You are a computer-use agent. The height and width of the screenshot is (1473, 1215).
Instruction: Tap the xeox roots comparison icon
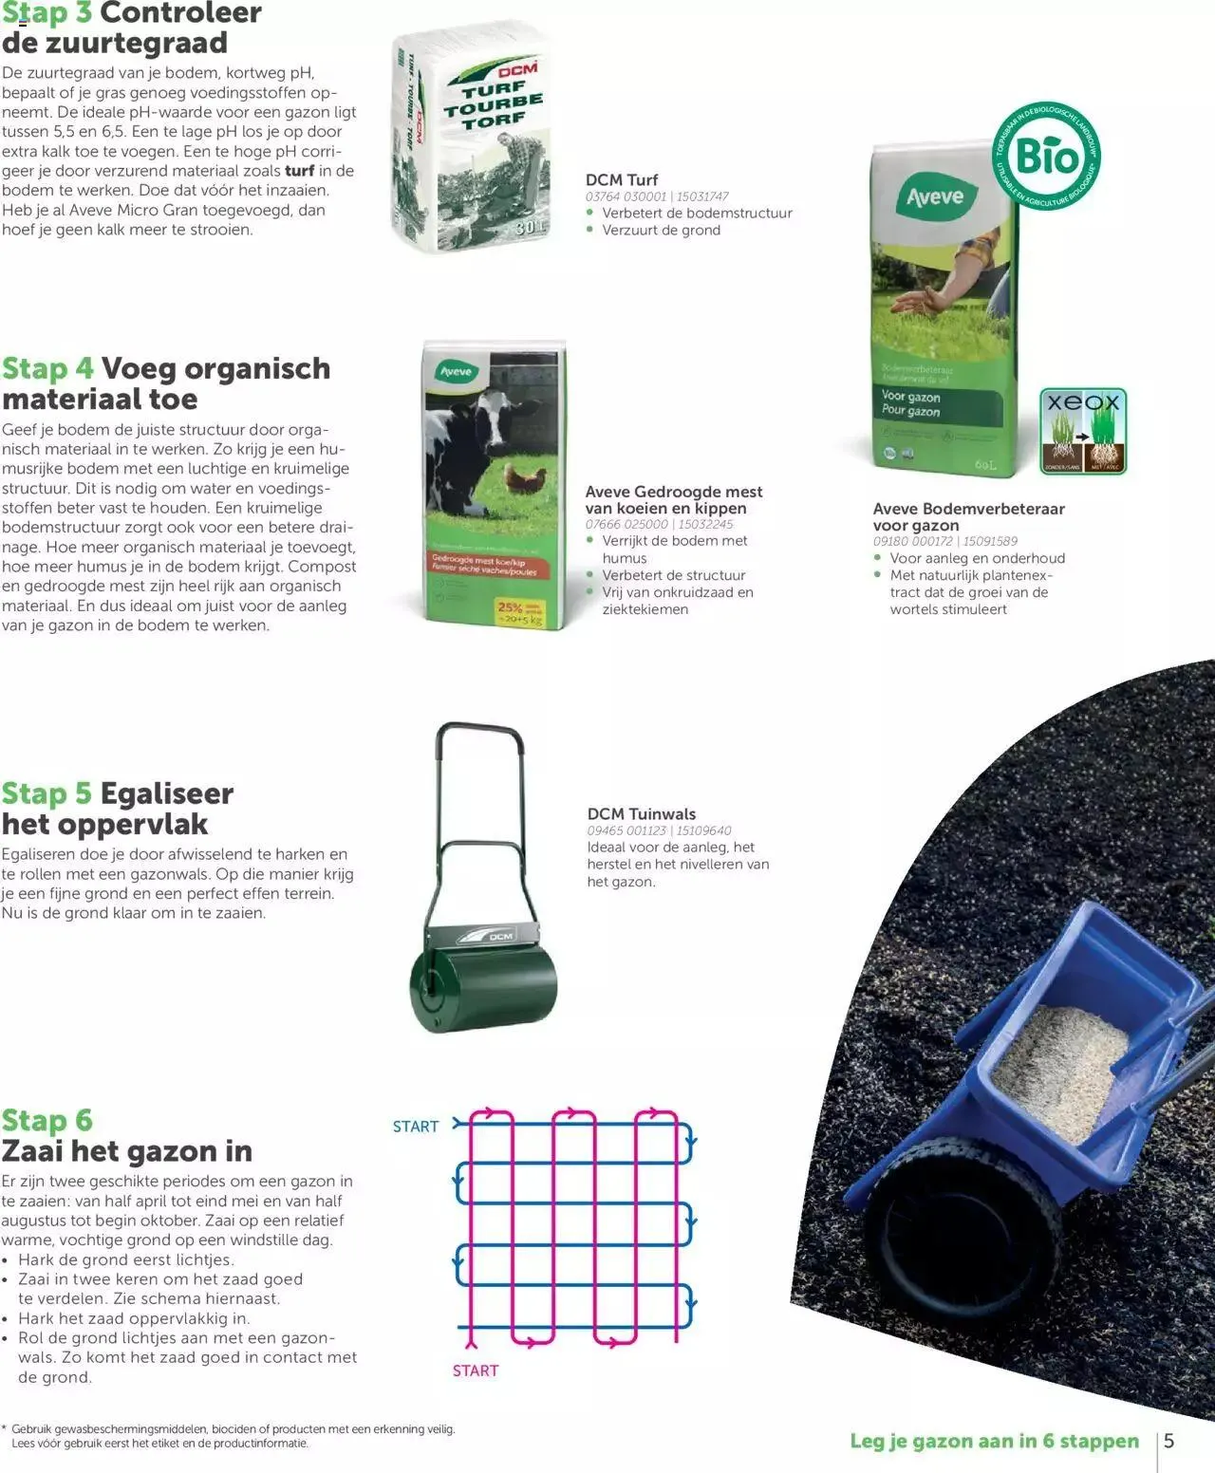[1083, 431]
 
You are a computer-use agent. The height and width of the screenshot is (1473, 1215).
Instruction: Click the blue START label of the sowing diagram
[416, 1127]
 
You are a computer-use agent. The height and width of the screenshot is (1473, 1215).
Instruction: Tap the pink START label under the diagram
[476, 1370]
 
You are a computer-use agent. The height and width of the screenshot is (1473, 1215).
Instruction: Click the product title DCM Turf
[622, 179]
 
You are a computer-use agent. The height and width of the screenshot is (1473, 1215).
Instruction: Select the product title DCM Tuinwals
[642, 813]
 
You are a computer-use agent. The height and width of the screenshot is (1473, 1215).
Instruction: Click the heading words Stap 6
[47, 1120]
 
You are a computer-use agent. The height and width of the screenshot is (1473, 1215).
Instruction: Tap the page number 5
[1169, 1441]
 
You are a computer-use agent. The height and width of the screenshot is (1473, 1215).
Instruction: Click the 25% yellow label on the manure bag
[518, 611]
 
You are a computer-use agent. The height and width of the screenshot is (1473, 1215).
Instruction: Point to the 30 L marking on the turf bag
[529, 229]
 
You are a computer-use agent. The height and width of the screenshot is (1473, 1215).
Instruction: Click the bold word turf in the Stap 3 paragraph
[299, 171]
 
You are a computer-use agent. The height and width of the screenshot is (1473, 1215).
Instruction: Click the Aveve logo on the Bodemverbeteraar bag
[934, 197]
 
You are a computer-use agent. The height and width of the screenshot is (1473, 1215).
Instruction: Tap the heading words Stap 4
[47, 368]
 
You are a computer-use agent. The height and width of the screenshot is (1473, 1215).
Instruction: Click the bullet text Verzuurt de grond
[661, 230]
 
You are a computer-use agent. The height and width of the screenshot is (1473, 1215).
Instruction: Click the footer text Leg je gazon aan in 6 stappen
[994, 1441]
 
